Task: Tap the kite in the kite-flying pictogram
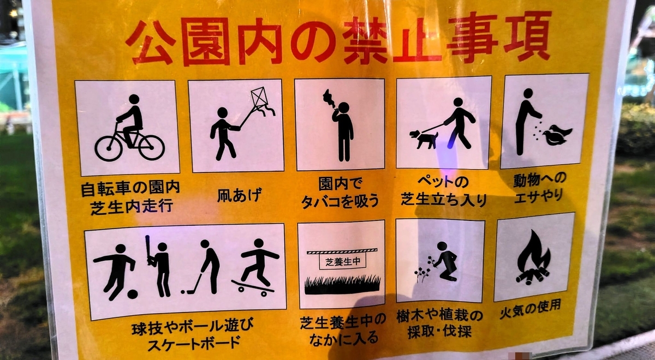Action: coord(260,98)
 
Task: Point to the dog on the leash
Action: coord(424,139)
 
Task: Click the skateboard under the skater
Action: coord(253,286)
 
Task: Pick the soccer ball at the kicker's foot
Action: coord(132,294)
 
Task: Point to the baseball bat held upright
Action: coord(148,250)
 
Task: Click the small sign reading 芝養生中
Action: coord(342,261)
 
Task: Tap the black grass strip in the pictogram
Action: coord(342,285)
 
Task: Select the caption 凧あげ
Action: coord(239,195)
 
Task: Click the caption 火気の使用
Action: coord(530,310)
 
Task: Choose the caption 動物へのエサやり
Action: coord(540,188)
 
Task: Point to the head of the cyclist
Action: coord(134,99)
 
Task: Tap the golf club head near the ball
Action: coord(189,291)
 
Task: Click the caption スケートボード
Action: coord(194,343)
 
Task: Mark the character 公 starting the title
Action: coord(151,43)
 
